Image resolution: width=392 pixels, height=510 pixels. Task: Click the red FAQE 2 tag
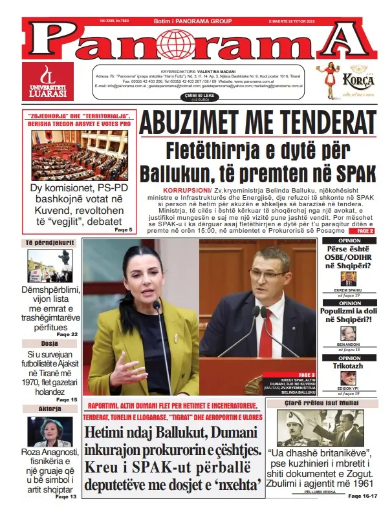click(365, 230)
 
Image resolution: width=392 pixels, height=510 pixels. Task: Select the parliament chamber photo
click(79, 156)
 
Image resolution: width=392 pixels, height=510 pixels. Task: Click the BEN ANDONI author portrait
click(348, 332)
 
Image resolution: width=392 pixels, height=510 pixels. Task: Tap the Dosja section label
click(49, 343)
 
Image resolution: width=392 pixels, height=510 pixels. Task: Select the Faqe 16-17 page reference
click(362, 496)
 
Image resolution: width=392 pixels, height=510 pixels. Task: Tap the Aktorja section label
click(49, 409)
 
